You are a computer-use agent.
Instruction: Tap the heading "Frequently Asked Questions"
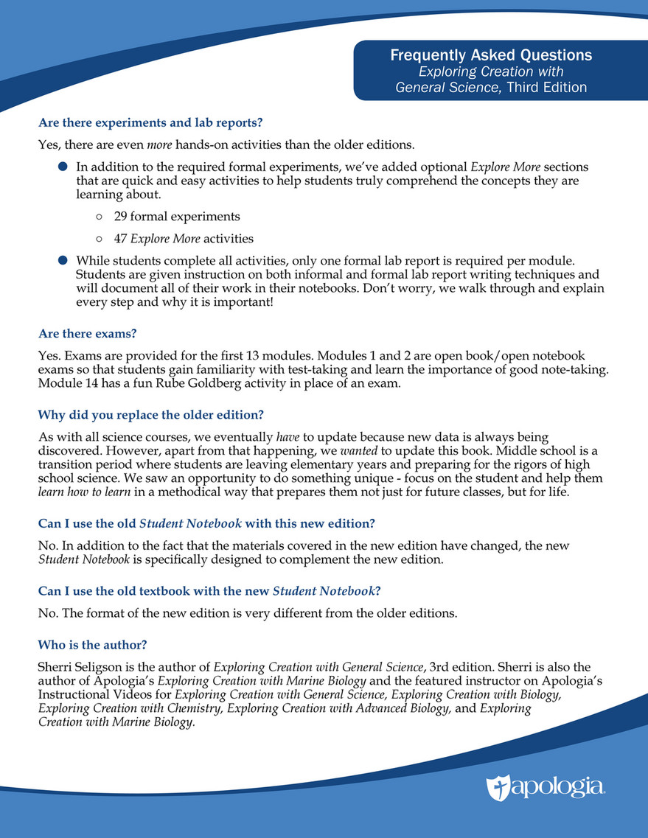point(491,55)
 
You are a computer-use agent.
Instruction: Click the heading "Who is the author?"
point(91,644)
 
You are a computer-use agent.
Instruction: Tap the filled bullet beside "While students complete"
point(63,260)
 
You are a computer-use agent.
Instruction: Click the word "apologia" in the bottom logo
point(557,786)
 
